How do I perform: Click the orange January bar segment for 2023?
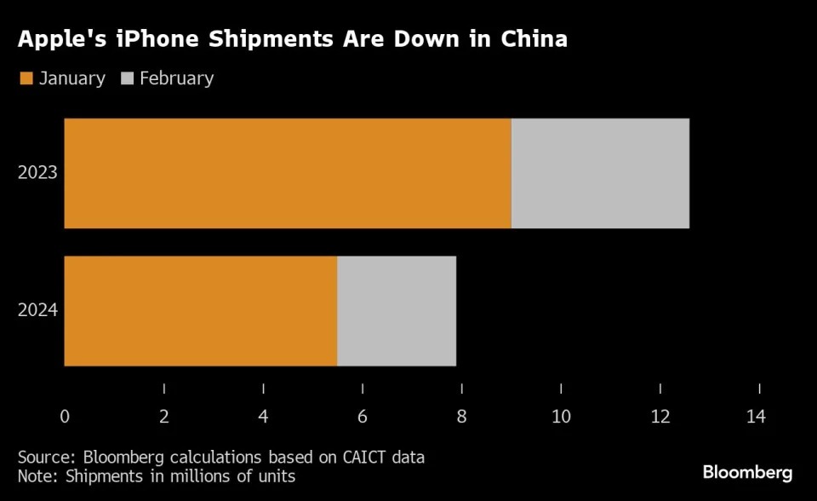288,173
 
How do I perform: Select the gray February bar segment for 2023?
600,173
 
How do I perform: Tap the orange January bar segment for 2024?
201,311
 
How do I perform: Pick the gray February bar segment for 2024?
397,311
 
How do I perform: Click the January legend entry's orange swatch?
26,79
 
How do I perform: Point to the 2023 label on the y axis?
37,173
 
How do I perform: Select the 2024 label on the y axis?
37,310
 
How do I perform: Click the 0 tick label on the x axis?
65,417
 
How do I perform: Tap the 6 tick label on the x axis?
363,417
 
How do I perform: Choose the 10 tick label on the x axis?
561,417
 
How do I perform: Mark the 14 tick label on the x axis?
756,417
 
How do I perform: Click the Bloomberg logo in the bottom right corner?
747,472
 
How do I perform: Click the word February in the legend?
176,78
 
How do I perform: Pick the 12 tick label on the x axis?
660,417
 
